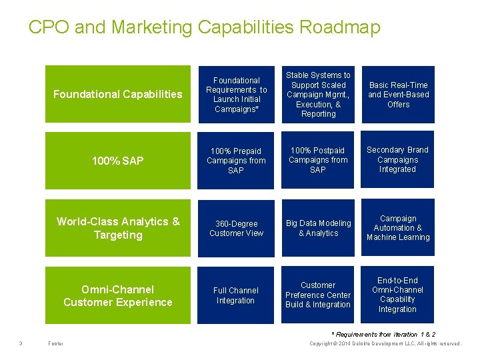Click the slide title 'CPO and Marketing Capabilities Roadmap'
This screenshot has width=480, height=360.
204,27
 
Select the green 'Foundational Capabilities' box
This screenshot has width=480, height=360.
117,94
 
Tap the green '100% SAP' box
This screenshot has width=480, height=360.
117,161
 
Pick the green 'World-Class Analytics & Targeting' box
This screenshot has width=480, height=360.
117,228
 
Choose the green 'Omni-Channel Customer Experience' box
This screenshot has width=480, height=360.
117,295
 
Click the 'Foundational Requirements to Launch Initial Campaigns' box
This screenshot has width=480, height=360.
236,94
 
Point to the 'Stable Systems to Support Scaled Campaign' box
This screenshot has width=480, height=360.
318,94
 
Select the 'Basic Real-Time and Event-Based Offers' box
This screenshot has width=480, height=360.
398,94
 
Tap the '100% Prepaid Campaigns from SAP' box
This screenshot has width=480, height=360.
236,161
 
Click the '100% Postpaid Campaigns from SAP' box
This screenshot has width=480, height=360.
318,161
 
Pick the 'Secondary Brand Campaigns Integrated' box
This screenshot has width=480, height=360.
398,160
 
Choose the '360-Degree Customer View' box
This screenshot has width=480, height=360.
236,228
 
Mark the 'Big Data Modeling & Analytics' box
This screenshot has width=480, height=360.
318,228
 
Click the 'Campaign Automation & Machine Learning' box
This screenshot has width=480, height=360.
398,228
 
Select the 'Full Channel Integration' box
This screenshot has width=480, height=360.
236,295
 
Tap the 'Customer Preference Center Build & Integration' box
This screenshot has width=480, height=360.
318,295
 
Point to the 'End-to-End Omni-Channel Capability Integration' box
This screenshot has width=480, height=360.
398,295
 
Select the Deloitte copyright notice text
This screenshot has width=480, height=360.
385,344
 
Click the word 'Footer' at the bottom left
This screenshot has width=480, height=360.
56,344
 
